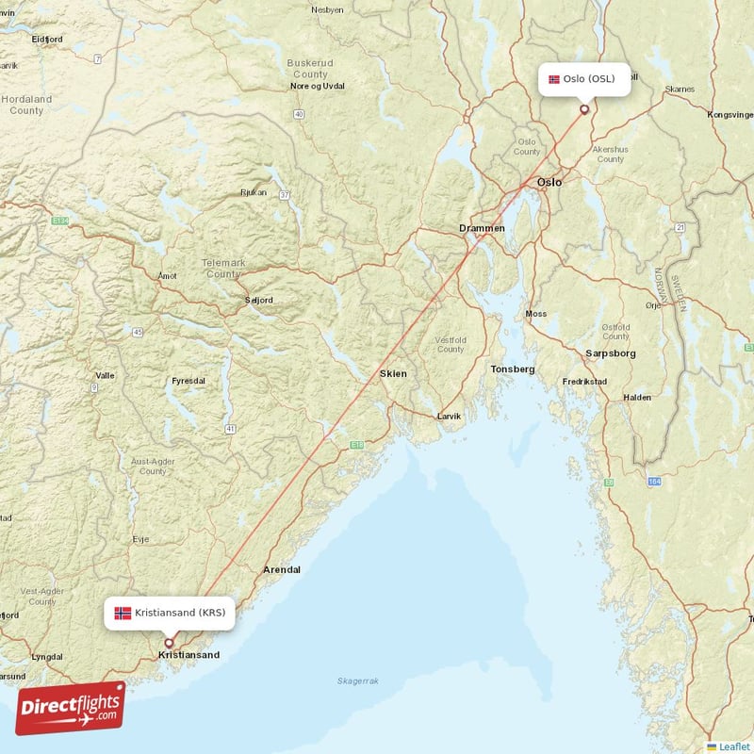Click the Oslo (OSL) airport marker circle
click(x=584, y=109)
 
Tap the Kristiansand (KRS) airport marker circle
click(x=170, y=643)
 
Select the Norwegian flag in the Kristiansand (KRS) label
click(x=123, y=613)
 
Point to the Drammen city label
click(x=482, y=229)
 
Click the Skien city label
click(x=393, y=374)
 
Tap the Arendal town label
click(x=282, y=570)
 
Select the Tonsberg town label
click(x=513, y=369)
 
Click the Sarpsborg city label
click(x=611, y=353)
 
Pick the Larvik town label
click(x=449, y=416)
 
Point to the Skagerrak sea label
click(x=357, y=680)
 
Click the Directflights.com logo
click(x=70, y=708)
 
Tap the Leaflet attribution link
click(x=731, y=746)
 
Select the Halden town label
click(x=637, y=398)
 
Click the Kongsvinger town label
click(x=729, y=115)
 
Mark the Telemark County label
click(x=223, y=269)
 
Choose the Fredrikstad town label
click(x=584, y=382)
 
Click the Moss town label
click(x=535, y=314)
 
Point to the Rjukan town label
click(x=254, y=192)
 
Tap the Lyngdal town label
click(x=47, y=656)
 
